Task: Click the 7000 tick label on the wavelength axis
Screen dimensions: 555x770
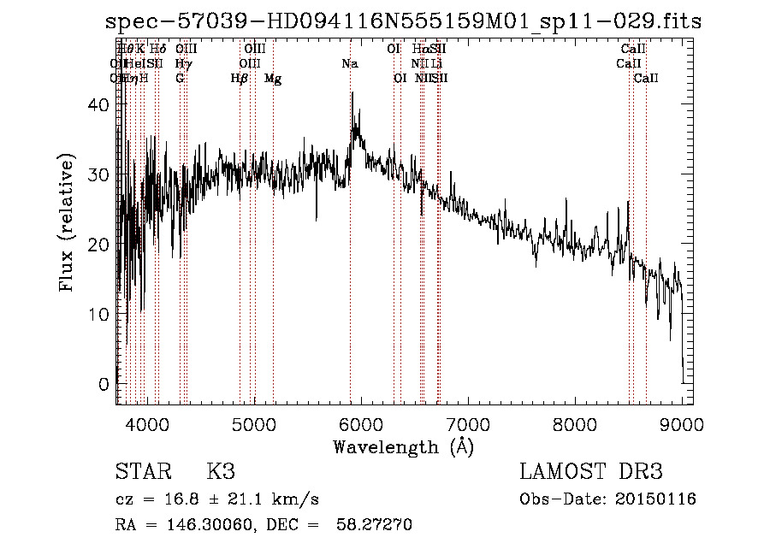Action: click(x=467, y=423)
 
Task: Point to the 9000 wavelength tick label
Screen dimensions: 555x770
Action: click(x=681, y=423)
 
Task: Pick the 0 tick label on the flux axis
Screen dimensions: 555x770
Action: click(x=104, y=384)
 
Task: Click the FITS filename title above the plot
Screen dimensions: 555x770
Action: click(x=403, y=21)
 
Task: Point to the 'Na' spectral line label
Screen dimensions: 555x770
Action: click(x=350, y=63)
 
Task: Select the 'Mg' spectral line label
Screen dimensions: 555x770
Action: click(x=273, y=79)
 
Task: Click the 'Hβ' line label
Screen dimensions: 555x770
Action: click(x=240, y=79)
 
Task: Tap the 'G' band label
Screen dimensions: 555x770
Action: click(x=180, y=79)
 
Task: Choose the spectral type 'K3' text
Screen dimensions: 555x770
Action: click(x=221, y=471)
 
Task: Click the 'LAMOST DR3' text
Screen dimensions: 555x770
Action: click(x=591, y=471)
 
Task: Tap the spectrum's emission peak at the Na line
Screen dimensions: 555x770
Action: click(x=352, y=93)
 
